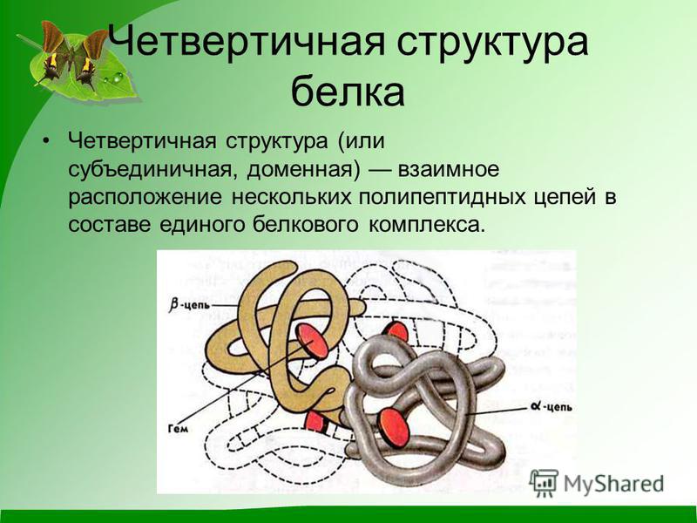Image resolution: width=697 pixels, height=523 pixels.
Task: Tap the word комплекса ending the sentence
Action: point(425,225)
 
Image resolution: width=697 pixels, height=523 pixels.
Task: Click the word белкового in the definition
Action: point(306,224)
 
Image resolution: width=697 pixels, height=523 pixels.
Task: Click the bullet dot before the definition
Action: point(46,141)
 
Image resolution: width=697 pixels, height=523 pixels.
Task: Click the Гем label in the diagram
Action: point(179,428)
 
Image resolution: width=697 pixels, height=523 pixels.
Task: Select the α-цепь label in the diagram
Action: point(552,406)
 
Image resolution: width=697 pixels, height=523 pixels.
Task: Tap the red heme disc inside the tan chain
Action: point(312,341)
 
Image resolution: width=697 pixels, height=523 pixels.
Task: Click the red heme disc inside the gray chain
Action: point(394,427)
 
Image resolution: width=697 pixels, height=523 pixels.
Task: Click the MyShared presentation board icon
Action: point(544,482)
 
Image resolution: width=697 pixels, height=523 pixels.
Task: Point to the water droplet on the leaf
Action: point(118,78)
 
